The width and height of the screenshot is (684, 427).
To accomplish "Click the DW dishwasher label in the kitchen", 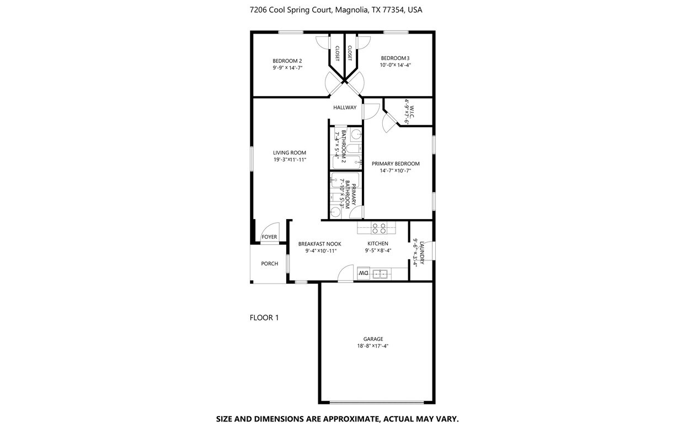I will click(363, 273).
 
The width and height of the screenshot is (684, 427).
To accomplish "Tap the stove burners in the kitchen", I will click(378, 227).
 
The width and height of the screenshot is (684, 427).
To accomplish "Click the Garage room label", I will click(373, 339).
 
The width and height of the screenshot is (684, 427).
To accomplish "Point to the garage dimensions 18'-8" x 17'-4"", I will click(373, 346).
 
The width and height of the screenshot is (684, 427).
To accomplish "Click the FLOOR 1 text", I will click(264, 318).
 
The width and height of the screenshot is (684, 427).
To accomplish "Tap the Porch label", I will click(270, 264).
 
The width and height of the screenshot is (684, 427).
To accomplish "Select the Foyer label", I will click(269, 237).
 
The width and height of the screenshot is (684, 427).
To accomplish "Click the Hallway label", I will click(345, 108).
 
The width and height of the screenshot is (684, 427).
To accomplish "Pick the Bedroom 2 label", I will click(287, 61).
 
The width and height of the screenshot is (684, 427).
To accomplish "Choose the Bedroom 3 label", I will click(395, 58).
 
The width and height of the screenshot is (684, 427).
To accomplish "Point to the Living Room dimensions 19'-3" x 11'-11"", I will click(290, 160).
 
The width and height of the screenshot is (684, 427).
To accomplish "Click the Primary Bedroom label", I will click(396, 164).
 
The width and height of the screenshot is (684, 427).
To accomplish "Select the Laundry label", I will click(422, 253).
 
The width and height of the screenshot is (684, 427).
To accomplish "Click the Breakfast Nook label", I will click(320, 244).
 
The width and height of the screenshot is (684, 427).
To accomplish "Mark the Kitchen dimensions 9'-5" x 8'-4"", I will click(378, 250).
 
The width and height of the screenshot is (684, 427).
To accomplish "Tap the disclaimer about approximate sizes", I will click(337, 419).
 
